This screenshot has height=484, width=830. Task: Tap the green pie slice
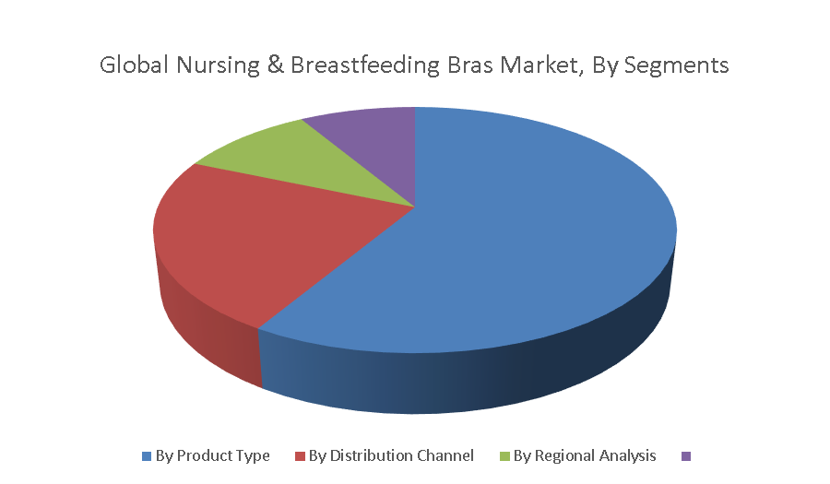pyautogui.click(x=313, y=161)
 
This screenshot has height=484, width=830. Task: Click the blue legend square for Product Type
pyautogui.click(x=147, y=456)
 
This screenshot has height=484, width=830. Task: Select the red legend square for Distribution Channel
pyautogui.click(x=300, y=456)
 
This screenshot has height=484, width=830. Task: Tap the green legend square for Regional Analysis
pyautogui.click(x=504, y=456)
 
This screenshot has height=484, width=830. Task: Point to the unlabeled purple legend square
pyautogui.click(x=685, y=456)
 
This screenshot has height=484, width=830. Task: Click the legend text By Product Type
pyautogui.click(x=213, y=455)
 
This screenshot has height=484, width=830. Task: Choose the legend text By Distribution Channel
pyautogui.click(x=391, y=455)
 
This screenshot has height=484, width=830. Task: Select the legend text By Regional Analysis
pyautogui.click(x=585, y=455)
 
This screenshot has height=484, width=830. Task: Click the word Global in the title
pyautogui.click(x=135, y=65)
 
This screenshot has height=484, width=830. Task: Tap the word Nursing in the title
pyautogui.click(x=218, y=66)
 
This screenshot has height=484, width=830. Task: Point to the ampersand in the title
pyautogui.click(x=275, y=65)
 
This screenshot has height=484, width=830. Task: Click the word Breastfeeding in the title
pyautogui.click(x=365, y=66)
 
